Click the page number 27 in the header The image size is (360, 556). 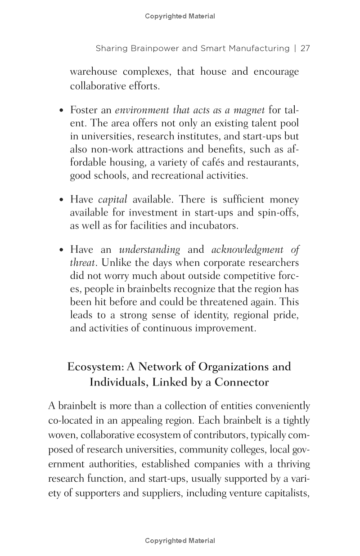coord(305,48)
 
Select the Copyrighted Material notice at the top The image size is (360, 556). coord(180,16)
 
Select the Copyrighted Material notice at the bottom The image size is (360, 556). coord(180,541)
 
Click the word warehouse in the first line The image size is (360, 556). coord(93,72)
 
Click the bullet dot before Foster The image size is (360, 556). coord(62,111)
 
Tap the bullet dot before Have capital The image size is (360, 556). coord(62,200)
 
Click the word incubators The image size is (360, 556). coord(216,225)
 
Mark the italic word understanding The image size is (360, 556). coord(149,250)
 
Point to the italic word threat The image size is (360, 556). coord(82,263)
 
